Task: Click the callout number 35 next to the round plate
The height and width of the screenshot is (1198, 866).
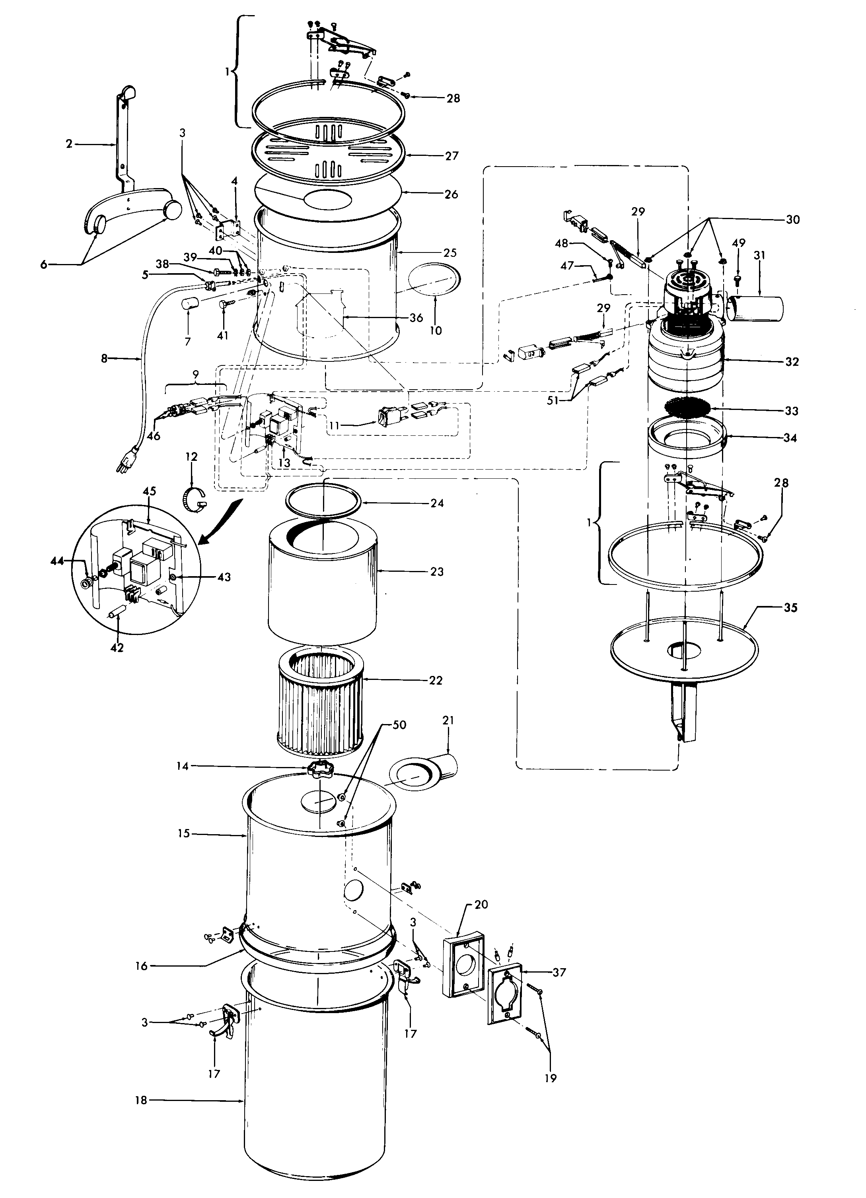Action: coord(790,608)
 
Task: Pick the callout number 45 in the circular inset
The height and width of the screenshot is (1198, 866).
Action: coord(149,491)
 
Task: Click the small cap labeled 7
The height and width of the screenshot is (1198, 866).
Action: coord(190,305)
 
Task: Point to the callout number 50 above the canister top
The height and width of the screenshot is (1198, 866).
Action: coord(399,725)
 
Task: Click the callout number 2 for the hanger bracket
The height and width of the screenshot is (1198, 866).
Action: coord(69,144)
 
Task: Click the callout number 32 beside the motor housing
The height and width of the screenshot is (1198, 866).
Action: coord(792,362)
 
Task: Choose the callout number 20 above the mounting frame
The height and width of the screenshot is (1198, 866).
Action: coord(481,904)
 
